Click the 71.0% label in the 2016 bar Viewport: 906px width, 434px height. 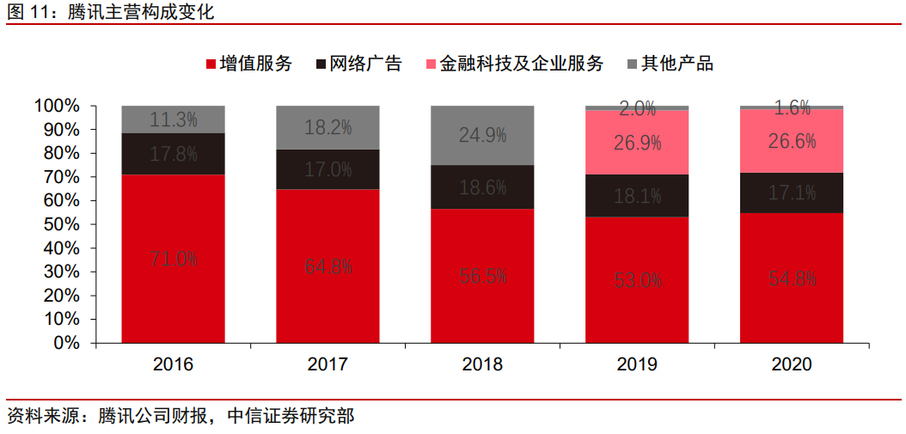[174, 259]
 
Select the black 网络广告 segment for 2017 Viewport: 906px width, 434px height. [328, 169]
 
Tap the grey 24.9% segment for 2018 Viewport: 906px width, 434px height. [482, 135]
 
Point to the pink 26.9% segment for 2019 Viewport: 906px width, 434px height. [637, 143]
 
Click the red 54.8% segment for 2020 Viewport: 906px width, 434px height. [792, 278]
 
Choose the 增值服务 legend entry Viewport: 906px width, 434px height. [249, 64]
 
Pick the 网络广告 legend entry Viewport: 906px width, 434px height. [359, 64]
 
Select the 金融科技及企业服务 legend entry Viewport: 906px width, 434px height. [514, 64]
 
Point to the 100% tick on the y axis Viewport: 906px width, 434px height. [57, 106]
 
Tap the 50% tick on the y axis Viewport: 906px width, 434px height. [61, 224]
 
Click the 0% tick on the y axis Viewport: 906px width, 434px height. [65, 343]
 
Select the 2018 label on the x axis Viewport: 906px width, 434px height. [482, 364]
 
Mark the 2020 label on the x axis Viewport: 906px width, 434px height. [792, 364]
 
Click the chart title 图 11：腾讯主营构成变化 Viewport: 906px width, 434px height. [111, 12]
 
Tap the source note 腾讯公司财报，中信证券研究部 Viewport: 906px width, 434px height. [181, 417]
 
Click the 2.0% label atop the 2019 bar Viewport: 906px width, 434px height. [637, 109]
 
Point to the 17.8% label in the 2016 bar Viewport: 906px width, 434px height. [174, 155]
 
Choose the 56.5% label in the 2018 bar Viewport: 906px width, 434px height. [482, 276]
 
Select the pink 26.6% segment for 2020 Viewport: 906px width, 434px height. [792, 141]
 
